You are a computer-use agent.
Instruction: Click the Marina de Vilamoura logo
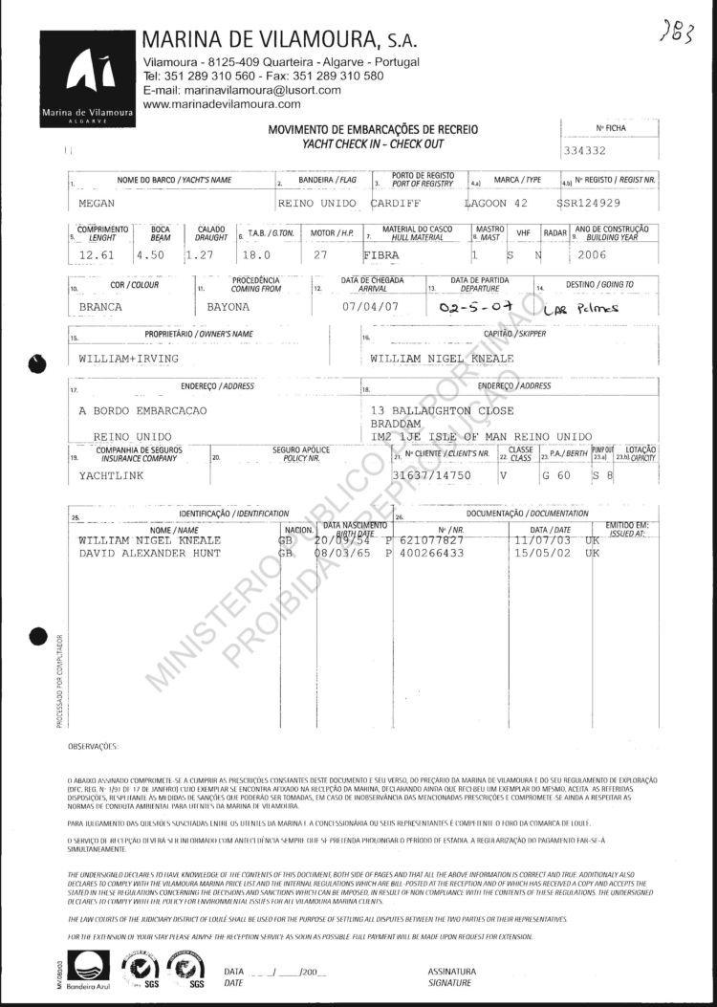click(87, 78)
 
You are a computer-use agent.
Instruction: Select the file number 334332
click(586, 151)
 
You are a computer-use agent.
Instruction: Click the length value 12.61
click(98, 255)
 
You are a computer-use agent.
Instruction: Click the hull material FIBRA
click(385, 255)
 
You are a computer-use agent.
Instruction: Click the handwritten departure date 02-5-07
click(469, 308)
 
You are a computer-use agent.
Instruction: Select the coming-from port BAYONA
click(228, 308)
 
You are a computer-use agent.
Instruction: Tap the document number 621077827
click(437, 540)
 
